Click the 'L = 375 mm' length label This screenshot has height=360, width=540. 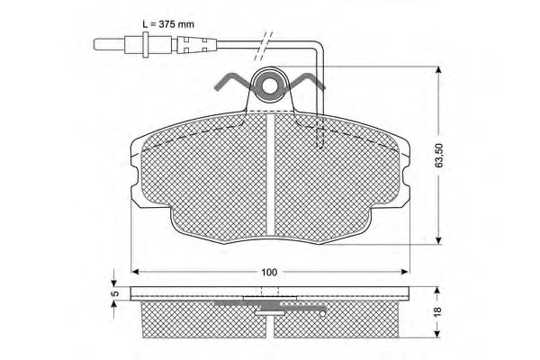point(168,24)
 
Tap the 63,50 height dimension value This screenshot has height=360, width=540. point(439,156)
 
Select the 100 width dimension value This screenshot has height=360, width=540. point(269,272)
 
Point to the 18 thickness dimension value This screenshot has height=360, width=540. point(437,311)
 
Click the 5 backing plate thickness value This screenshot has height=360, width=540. point(116,293)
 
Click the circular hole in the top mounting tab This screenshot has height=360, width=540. point(271,85)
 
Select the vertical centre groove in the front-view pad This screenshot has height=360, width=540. point(271,175)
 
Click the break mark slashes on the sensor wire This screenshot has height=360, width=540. point(263,46)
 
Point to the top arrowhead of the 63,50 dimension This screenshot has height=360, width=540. point(438,70)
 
